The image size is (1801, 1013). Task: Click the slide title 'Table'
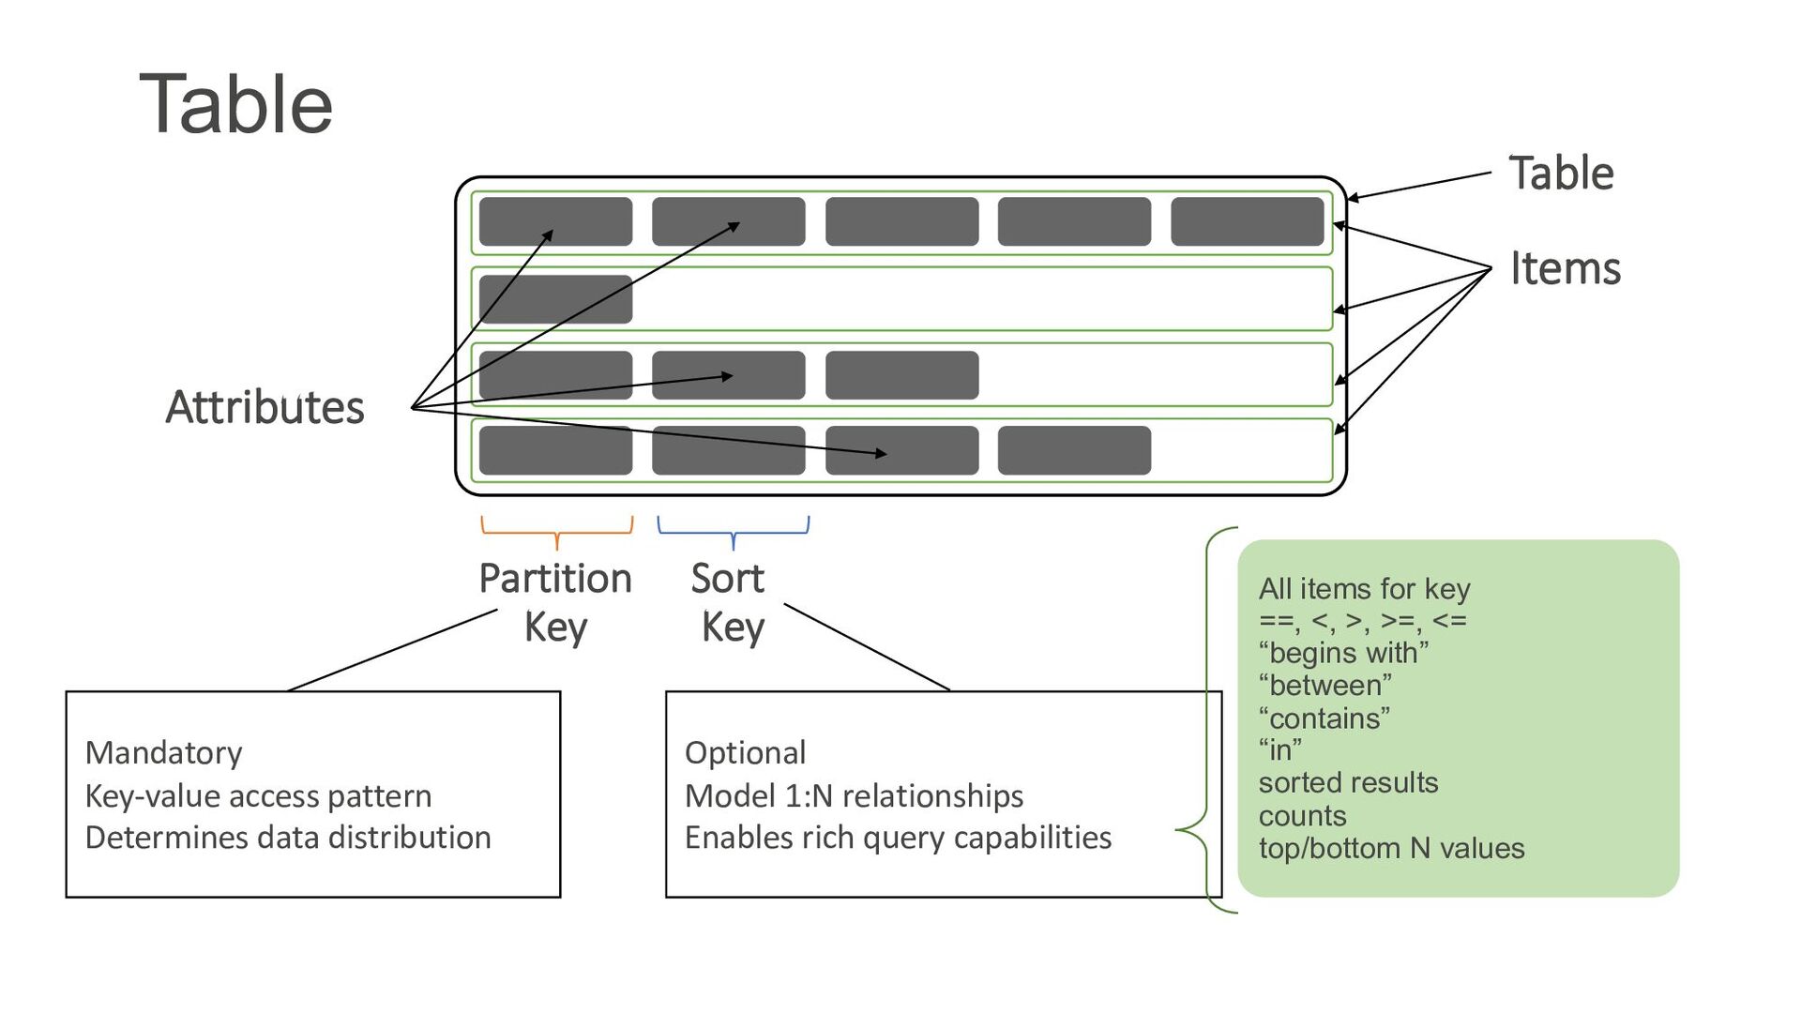pos(236,104)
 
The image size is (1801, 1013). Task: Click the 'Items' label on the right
pos(1565,268)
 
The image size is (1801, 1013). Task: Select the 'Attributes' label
pos(265,407)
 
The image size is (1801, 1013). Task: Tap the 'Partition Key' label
pos(555,601)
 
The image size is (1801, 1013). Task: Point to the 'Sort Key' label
pos(729,601)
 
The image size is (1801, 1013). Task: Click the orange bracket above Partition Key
pos(556,532)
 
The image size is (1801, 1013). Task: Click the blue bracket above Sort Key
pos(733,532)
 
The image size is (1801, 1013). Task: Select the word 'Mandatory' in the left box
pos(163,752)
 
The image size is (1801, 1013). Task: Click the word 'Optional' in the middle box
pos(745,752)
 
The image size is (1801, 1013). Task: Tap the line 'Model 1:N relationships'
pos(854,795)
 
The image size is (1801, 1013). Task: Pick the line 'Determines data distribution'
pos(288,837)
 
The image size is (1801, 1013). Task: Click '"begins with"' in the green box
pos(1343,652)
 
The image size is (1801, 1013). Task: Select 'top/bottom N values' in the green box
pos(1391,848)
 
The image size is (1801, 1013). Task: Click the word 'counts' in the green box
pos(1302,815)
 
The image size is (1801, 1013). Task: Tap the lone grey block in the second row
pos(555,298)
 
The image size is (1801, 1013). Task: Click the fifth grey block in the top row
pos(1247,221)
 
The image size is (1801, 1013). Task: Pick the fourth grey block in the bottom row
pos(1074,450)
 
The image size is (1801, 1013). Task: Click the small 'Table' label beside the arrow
pos(1561,174)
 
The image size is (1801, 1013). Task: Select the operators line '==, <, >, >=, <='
pos(1362,620)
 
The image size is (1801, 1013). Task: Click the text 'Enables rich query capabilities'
pos(898,837)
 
